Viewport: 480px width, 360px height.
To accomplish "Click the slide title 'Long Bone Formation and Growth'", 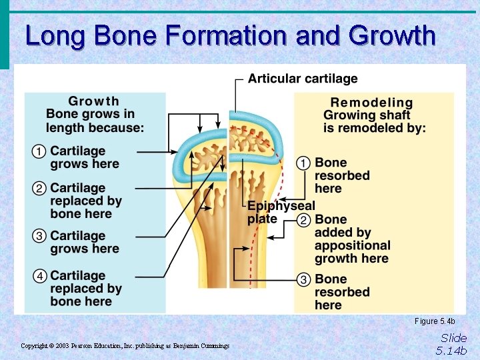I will (x=230, y=35).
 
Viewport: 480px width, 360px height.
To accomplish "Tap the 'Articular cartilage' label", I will (x=303, y=79).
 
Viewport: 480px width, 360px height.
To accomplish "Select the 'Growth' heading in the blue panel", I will (x=94, y=101).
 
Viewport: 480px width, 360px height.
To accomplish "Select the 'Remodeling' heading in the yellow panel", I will (x=372, y=103).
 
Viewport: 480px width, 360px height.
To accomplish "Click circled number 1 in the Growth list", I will (x=39, y=152).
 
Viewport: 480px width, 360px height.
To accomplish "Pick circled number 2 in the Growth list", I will (x=39, y=189).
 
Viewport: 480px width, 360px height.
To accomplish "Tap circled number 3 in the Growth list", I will (x=39, y=236).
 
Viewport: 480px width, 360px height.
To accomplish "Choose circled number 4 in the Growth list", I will (x=39, y=276).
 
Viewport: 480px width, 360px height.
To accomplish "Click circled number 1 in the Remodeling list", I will (x=303, y=163).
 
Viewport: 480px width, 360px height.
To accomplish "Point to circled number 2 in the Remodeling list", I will (x=303, y=220).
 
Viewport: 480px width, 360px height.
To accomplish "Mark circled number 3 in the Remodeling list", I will (x=303, y=279).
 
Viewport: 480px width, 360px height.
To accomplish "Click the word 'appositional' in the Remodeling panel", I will (x=352, y=245).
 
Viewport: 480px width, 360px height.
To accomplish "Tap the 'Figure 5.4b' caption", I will (x=435, y=321).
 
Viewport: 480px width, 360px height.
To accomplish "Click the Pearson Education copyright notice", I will (x=125, y=346).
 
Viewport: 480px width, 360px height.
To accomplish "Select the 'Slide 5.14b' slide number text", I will (x=453, y=344).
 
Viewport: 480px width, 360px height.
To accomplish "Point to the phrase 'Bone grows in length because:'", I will (x=95, y=121).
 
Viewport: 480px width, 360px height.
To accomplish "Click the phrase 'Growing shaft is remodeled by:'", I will (x=374, y=122).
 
